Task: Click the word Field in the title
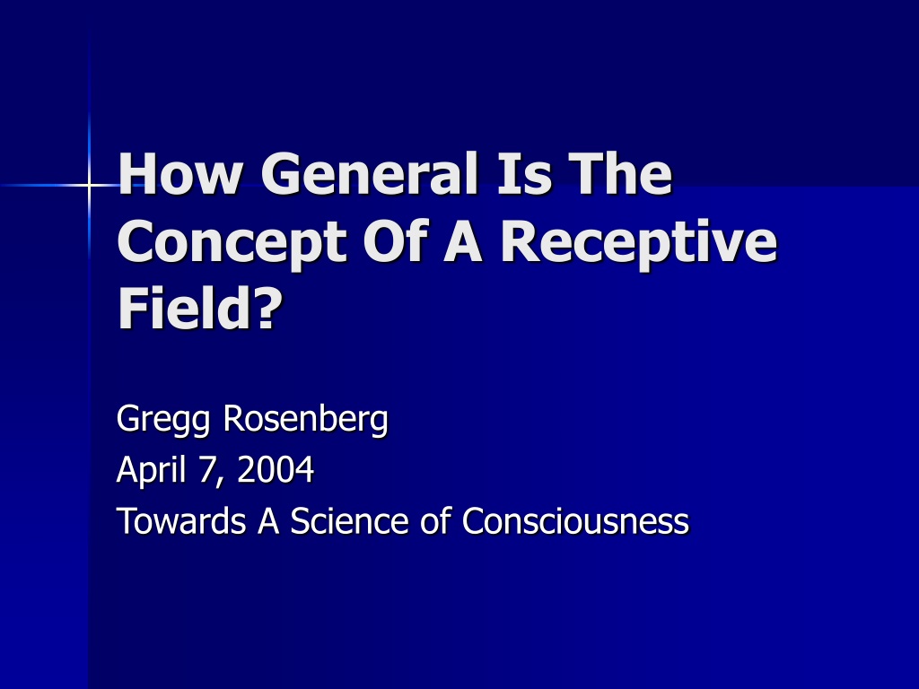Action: (185, 308)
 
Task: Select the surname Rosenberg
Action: (305, 420)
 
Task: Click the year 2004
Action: (276, 470)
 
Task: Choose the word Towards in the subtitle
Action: (181, 520)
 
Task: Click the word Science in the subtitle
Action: (349, 520)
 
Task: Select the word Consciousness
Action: (575, 520)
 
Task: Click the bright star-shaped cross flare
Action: (89, 186)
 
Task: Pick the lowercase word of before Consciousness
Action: (435, 520)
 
